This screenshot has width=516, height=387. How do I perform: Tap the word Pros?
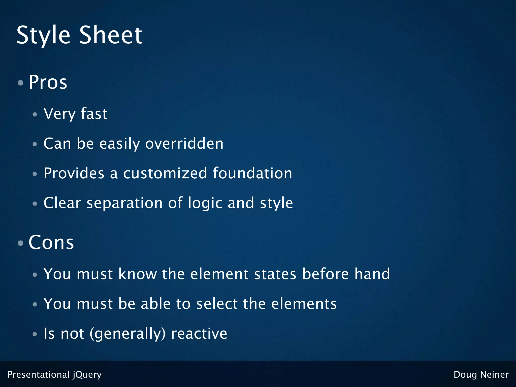[48, 82]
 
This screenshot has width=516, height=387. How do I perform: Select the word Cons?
[51, 242]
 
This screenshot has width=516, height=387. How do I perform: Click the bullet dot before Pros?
[21, 83]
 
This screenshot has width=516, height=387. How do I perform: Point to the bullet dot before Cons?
[21, 243]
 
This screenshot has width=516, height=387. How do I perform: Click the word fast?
[94, 114]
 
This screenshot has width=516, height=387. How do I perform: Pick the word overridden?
[184, 144]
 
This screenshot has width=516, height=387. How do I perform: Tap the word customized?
[165, 173]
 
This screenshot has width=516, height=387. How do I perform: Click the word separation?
[124, 203]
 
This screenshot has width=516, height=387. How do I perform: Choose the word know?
[138, 274]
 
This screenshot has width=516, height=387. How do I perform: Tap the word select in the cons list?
[217, 304]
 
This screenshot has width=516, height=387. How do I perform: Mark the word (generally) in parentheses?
[128, 334]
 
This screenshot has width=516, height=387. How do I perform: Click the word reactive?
[199, 334]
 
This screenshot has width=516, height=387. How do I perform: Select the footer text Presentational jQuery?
[55, 375]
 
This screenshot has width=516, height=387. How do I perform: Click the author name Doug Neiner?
[481, 375]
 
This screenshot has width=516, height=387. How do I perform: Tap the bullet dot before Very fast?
[35, 115]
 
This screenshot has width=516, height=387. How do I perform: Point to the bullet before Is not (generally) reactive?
[35, 334]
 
